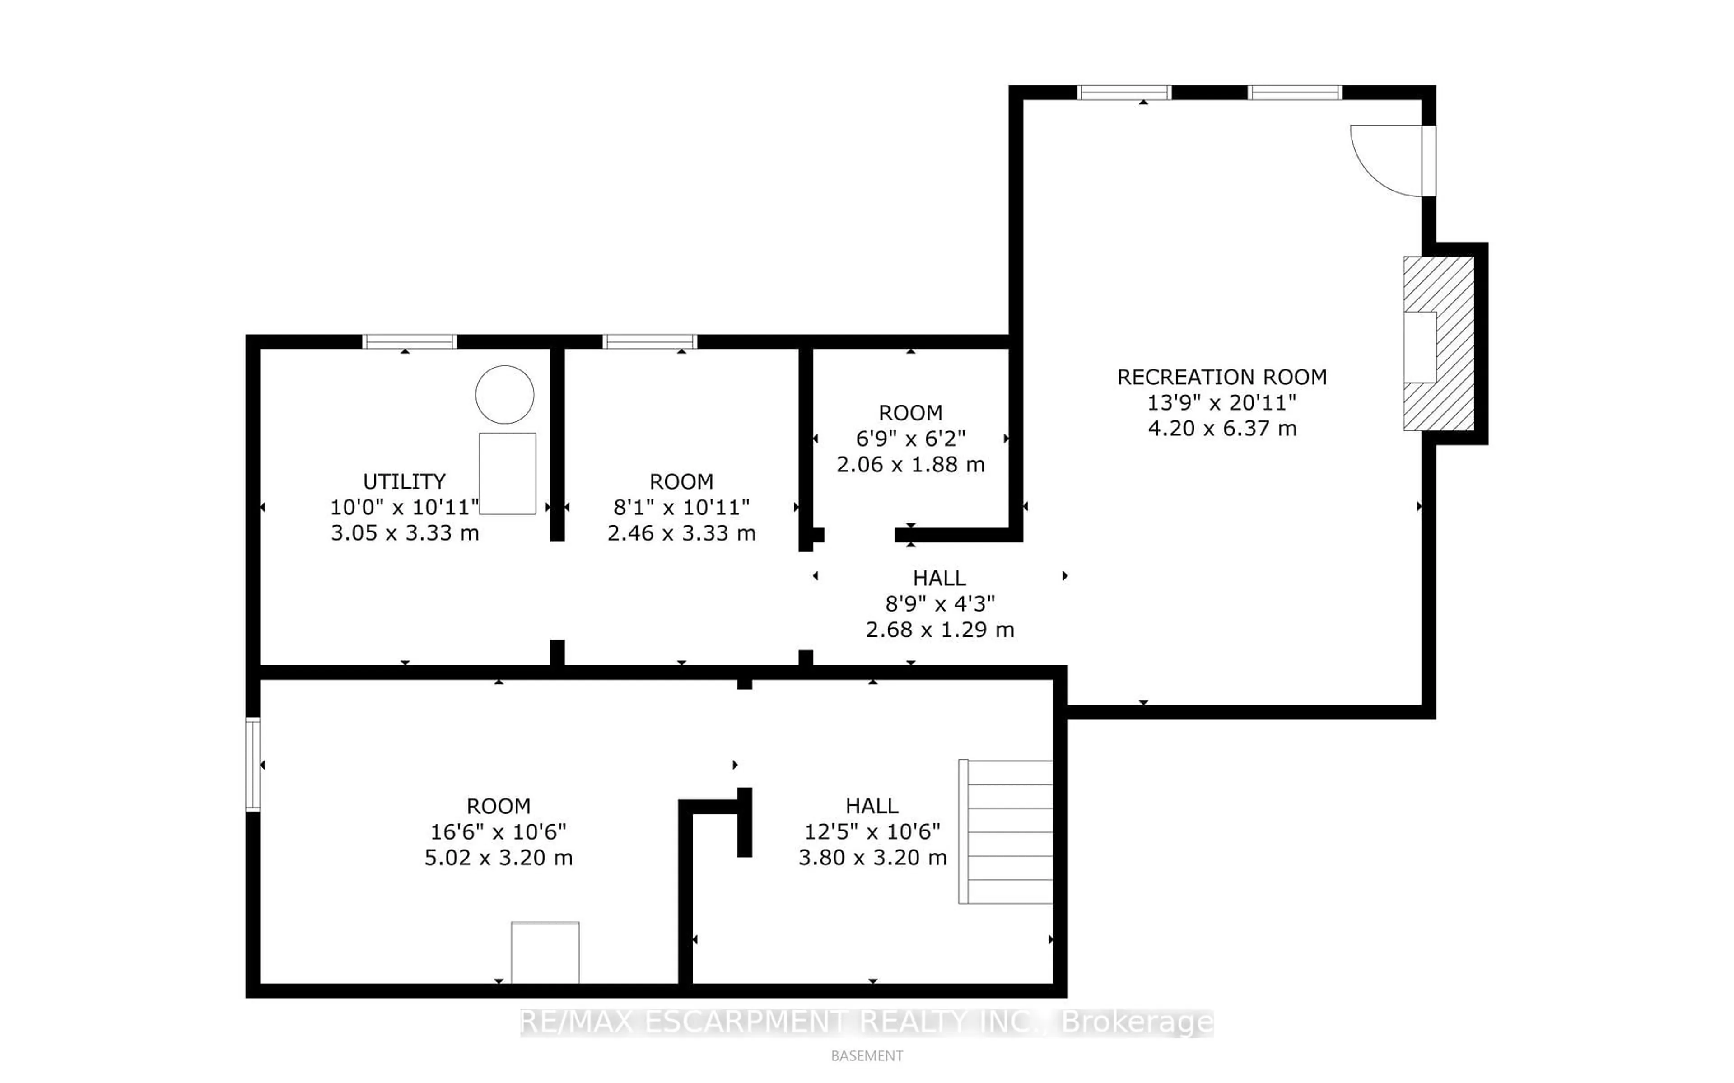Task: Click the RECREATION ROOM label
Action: coord(1222,377)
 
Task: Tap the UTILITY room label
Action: coord(405,481)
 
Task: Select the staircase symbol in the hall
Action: coord(1006,831)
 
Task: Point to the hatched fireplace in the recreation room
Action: coord(1438,343)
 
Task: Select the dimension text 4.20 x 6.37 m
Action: coord(1222,428)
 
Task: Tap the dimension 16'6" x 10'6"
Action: coord(498,831)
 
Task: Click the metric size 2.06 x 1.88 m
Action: coord(911,464)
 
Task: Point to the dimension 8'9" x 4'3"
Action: coord(940,604)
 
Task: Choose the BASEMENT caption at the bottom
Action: coord(867,1056)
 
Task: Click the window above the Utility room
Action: coord(410,342)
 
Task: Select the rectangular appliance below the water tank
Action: coord(508,473)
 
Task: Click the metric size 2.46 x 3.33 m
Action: coord(681,533)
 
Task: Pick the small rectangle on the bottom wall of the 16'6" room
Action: coord(545,952)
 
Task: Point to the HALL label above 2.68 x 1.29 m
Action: coord(939,578)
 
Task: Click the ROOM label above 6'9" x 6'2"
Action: coord(911,413)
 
